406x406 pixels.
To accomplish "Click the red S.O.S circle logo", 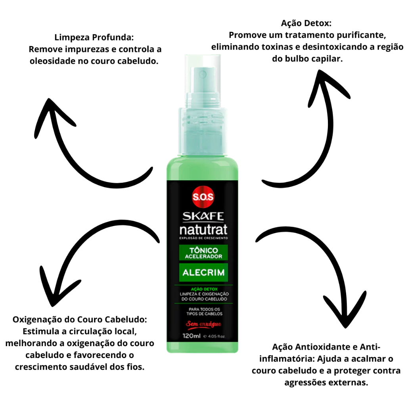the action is pos(203,197).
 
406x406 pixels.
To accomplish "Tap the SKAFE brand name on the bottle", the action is pos(203,216).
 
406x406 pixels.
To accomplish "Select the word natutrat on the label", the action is pos(203,230).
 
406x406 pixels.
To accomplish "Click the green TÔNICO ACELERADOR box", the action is pos(203,253).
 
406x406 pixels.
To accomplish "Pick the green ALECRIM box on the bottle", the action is pos(203,272).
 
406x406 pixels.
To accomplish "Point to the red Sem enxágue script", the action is pos(203,324).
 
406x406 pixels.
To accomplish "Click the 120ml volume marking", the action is pos(192,336).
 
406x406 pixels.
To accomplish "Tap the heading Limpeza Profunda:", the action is pos(94,37).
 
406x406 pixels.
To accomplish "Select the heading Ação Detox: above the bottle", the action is pos(306,23).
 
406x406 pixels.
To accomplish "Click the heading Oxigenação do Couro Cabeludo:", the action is pos(80,320).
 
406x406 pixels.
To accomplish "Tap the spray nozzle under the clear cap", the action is pos(203,75).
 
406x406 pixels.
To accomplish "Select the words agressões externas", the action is pos(326,383).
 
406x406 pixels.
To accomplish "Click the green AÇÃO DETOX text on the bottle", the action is pos(204,289).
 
